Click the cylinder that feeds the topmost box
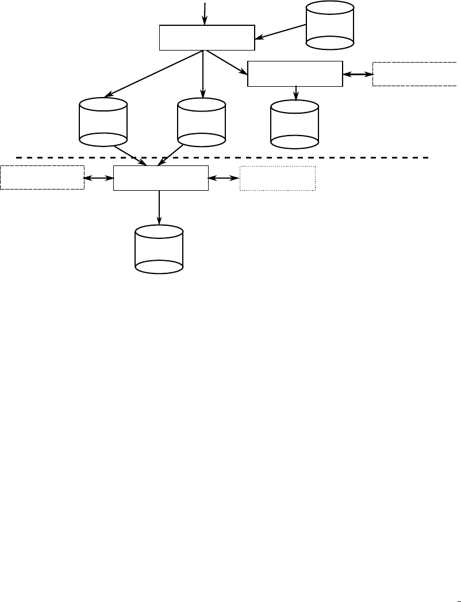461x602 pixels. click(330, 25)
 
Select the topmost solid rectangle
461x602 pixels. click(206, 37)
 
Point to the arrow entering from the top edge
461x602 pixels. click(204, 13)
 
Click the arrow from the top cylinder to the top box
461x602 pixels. click(281, 32)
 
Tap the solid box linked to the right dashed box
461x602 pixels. click(295, 73)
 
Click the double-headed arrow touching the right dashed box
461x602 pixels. click(358, 74)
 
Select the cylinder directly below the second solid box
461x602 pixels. click(294, 124)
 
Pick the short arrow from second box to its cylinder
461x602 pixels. click(296, 92)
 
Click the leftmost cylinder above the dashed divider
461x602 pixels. click(103, 121)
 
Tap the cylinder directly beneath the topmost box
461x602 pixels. click(202, 121)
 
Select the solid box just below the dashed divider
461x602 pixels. click(160, 178)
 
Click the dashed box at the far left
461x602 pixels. click(42, 177)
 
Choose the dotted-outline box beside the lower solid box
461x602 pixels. click(278, 178)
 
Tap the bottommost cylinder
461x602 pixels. click(159, 249)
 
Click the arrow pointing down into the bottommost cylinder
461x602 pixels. click(159, 208)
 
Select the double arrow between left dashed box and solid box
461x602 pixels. click(99, 178)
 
